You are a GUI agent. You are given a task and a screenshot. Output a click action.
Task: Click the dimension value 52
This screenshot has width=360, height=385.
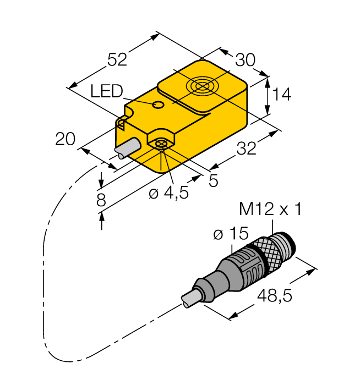coord(117,59)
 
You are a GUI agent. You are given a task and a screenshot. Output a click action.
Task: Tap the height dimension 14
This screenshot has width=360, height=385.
coord(281,95)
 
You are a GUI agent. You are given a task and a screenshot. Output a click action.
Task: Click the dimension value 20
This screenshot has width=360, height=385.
coord(66,140)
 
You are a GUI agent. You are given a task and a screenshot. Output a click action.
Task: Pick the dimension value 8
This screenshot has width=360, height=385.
coord(101,200)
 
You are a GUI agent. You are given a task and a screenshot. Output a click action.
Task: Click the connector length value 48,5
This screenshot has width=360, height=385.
coord(274,296)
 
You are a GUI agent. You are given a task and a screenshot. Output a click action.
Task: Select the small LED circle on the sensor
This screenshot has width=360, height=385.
coord(158,105)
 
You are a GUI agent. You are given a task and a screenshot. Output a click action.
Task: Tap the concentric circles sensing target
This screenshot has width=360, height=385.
coord(200,87)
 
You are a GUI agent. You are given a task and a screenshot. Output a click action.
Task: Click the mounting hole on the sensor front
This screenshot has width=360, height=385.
coord(161,144)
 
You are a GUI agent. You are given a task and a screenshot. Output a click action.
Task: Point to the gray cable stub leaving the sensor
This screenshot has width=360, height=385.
coord(127,149)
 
